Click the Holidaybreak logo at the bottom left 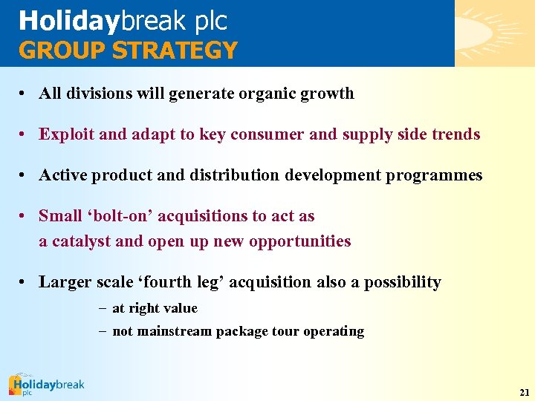(x=46, y=385)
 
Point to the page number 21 (x=525, y=391)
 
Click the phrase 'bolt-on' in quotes (x=123, y=216)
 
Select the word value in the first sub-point (x=181, y=308)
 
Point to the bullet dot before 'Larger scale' (x=25, y=283)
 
